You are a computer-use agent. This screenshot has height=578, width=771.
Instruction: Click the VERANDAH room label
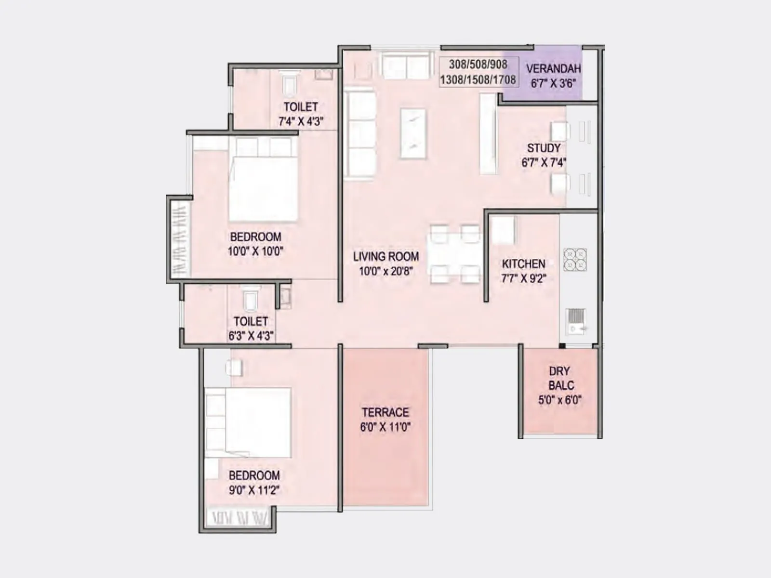[x=553, y=69]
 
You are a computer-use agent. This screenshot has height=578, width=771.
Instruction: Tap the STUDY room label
[x=544, y=148]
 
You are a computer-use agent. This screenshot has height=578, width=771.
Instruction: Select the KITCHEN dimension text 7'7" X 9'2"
[x=523, y=278]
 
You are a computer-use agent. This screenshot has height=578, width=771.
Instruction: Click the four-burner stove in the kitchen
[x=575, y=260]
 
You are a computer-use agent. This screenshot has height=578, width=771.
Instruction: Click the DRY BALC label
[x=560, y=378]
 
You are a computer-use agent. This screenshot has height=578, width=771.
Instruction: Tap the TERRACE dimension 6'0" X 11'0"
[x=385, y=427]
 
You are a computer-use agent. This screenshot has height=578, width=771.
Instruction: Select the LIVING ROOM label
[x=385, y=257]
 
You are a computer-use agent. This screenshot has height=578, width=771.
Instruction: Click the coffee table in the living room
[x=413, y=133]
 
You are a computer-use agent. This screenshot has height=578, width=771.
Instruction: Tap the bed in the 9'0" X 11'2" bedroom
[x=255, y=422]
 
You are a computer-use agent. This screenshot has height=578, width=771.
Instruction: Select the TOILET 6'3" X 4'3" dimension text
[x=251, y=336]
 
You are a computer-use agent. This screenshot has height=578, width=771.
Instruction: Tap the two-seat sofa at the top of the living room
[x=406, y=66]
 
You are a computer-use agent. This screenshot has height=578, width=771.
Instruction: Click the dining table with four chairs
[x=455, y=254]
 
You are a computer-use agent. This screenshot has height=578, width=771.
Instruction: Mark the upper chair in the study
[x=559, y=131]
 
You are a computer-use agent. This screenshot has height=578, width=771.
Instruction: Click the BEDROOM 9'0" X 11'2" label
[x=254, y=475]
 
